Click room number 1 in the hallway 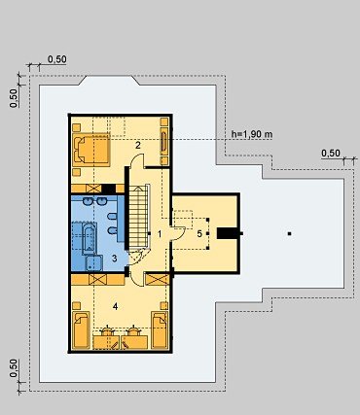point(160,234)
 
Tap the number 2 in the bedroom point(138,145)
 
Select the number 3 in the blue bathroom point(114,259)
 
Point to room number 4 point(115,306)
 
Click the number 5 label point(199,233)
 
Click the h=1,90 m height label point(252,134)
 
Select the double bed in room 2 point(91,150)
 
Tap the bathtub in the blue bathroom point(90,238)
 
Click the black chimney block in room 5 point(228,233)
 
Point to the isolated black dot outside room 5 point(290,233)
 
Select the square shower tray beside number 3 point(94,262)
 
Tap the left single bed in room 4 point(81,329)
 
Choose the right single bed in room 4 point(160,329)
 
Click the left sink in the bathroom point(88,201)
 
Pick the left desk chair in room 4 point(107,330)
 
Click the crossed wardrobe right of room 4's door point(158,280)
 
